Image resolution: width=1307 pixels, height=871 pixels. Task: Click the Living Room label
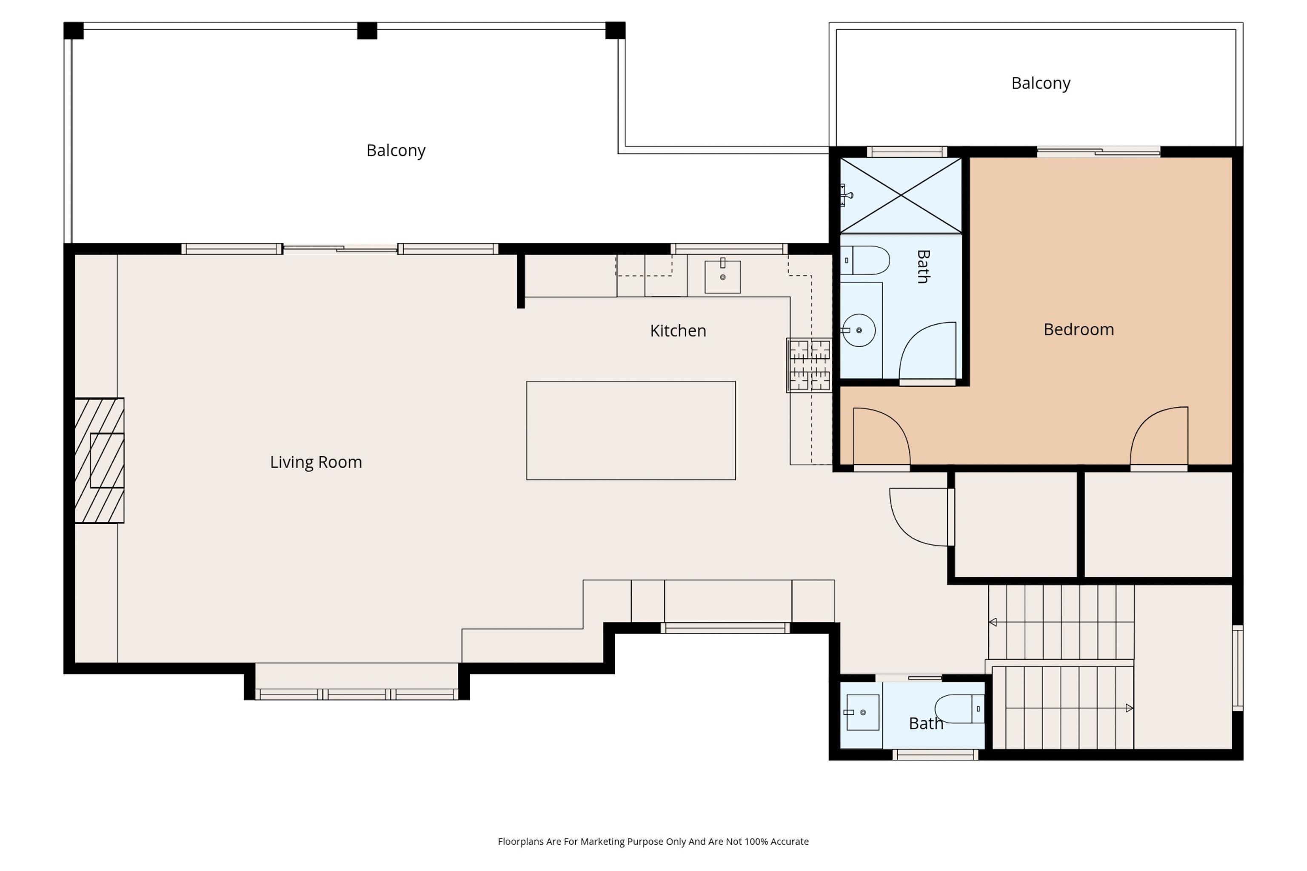[316, 462]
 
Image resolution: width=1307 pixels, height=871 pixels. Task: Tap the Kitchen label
[678, 331]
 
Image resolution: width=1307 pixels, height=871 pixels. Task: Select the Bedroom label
[1078, 329]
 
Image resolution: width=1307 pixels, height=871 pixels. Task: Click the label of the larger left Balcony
[396, 151]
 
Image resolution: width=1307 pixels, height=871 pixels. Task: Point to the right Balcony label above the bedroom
[1040, 83]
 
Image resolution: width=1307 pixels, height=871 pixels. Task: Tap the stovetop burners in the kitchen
[809, 365]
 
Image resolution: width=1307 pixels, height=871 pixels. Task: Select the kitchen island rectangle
[631, 431]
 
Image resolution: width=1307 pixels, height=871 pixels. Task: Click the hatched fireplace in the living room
[99, 460]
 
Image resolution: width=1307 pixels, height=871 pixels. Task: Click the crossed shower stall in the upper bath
[900, 196]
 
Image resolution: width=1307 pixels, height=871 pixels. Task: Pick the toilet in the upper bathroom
[867, 260]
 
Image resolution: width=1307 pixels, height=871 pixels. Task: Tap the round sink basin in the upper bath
[858, 331]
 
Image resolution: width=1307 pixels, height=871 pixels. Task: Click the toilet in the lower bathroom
[958, 709]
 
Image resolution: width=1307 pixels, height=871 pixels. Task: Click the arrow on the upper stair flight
[993, 622]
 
